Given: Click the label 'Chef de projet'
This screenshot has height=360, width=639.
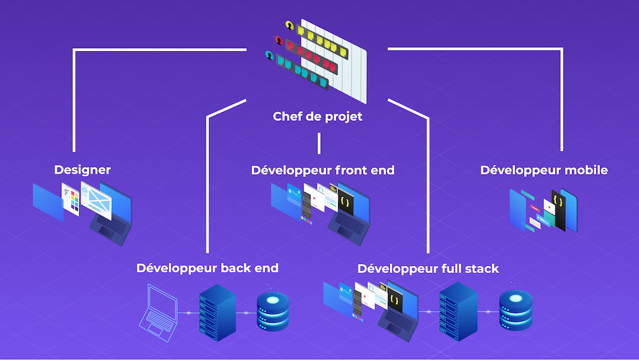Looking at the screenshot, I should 318,116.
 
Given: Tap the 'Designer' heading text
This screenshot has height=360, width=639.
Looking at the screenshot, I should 82,170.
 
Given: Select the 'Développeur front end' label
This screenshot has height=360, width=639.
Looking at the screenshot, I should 323,170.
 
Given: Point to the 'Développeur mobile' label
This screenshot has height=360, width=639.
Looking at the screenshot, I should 544,170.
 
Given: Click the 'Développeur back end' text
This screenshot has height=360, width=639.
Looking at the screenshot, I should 207,268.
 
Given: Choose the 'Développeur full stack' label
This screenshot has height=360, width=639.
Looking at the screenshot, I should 428,268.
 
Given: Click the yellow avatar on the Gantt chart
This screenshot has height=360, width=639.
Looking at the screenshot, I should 289,26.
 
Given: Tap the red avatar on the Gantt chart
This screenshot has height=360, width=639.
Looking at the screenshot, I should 279,40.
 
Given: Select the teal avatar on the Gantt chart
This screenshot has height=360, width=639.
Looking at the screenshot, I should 269,55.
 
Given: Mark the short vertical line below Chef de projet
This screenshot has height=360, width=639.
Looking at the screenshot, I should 318,144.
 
